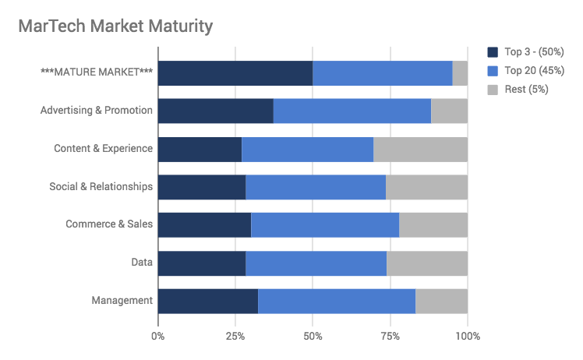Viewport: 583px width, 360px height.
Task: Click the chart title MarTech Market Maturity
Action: click(x=115, y=26)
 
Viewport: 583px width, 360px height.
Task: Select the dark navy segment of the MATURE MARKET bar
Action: click(x=235, y=72)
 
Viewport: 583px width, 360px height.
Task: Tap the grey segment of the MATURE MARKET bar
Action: click(x=460, y=72)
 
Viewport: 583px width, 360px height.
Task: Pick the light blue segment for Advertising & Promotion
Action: click(x=352, y=111)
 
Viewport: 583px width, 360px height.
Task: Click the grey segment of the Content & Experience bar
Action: click(x=420, y=149)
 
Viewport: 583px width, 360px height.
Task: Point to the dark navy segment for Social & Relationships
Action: click(x=202, y=187)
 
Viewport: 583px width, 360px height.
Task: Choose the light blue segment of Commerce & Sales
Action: click(x=325, y=225)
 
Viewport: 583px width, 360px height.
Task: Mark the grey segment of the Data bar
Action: click(x=427, y=263)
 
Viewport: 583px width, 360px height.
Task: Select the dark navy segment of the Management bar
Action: click(x=208, y=301)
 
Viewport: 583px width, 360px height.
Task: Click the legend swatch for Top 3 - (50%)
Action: click(x=493, y=52)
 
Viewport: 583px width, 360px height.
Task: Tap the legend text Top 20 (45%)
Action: click(x=534, y=71)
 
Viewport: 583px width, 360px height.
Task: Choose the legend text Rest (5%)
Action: click(x=526, y=90)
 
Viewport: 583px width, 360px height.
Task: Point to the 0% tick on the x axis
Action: click(x=158, y=336)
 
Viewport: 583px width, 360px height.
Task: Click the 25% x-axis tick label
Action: click(x=235, y=336)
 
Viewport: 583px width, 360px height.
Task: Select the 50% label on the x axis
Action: click(x=313, y=336)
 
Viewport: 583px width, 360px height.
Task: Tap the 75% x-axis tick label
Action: click(x=390, y=336)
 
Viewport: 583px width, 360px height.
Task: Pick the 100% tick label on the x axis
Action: click(x=468, y=336)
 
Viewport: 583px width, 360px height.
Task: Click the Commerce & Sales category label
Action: click(x=109, y=225)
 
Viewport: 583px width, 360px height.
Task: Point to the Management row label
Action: click(x=122, y=301)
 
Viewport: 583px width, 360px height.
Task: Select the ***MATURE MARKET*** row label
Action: click(x=97, y=72)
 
